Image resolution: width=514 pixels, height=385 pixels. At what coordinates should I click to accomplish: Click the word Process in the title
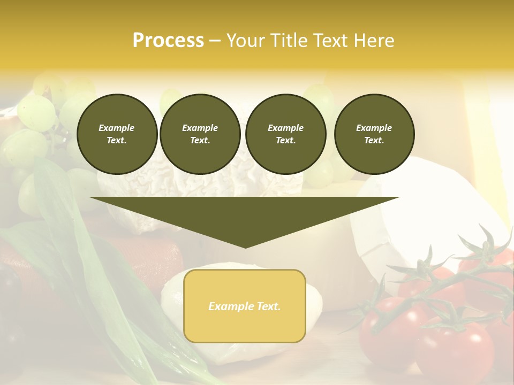(168, 41)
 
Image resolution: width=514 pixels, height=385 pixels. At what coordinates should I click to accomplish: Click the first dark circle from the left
(117, 134)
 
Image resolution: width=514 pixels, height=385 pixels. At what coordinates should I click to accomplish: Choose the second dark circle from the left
(200, 134)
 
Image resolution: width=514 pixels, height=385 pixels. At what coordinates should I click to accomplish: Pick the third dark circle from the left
(286, 134)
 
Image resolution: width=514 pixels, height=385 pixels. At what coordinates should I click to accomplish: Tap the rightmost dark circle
(374, 134)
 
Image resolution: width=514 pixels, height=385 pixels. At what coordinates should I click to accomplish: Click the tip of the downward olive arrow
(245, 247)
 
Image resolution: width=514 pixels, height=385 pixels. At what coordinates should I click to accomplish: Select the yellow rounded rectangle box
(245, 306)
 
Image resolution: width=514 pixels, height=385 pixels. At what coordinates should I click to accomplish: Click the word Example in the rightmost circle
(374, 128)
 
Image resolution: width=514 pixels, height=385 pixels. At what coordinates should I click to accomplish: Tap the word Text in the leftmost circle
(116, 141)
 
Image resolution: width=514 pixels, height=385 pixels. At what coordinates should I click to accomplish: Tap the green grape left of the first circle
(36, 112)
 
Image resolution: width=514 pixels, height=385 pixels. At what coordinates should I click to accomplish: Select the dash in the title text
(215, 41)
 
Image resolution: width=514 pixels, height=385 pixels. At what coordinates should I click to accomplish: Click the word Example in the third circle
(285, 128)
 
